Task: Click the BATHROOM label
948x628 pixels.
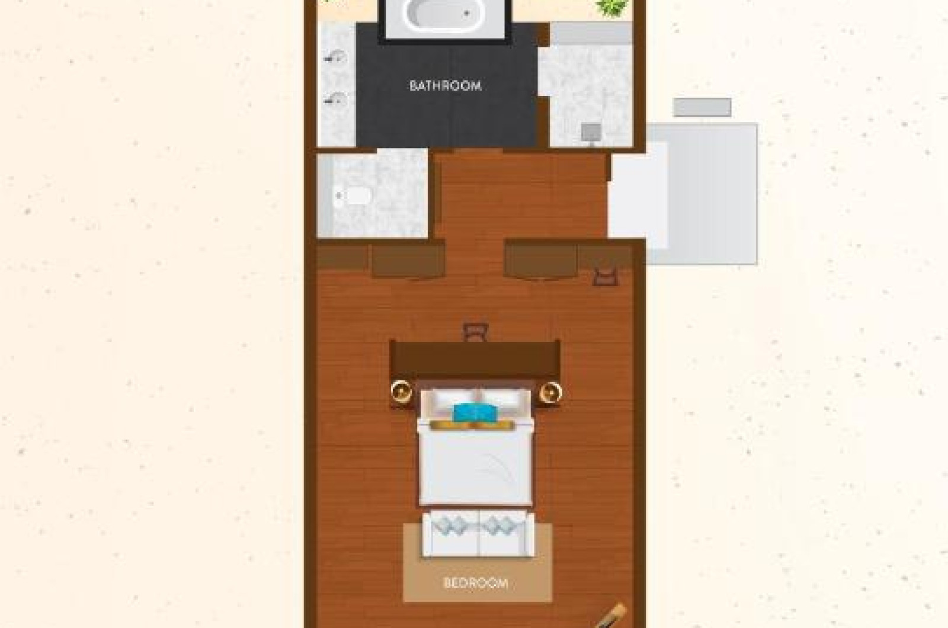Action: [445, 86]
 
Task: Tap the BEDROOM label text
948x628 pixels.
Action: [476, 583]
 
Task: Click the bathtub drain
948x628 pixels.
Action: [467, 14]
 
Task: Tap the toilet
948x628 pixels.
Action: [354, 196]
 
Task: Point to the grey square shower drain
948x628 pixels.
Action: [591, 133]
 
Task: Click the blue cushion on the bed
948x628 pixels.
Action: [475, 413]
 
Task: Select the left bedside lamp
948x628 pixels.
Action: [401, 392]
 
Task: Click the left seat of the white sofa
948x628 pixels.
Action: [450, 533]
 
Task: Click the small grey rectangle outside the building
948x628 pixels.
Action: [702, 107]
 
